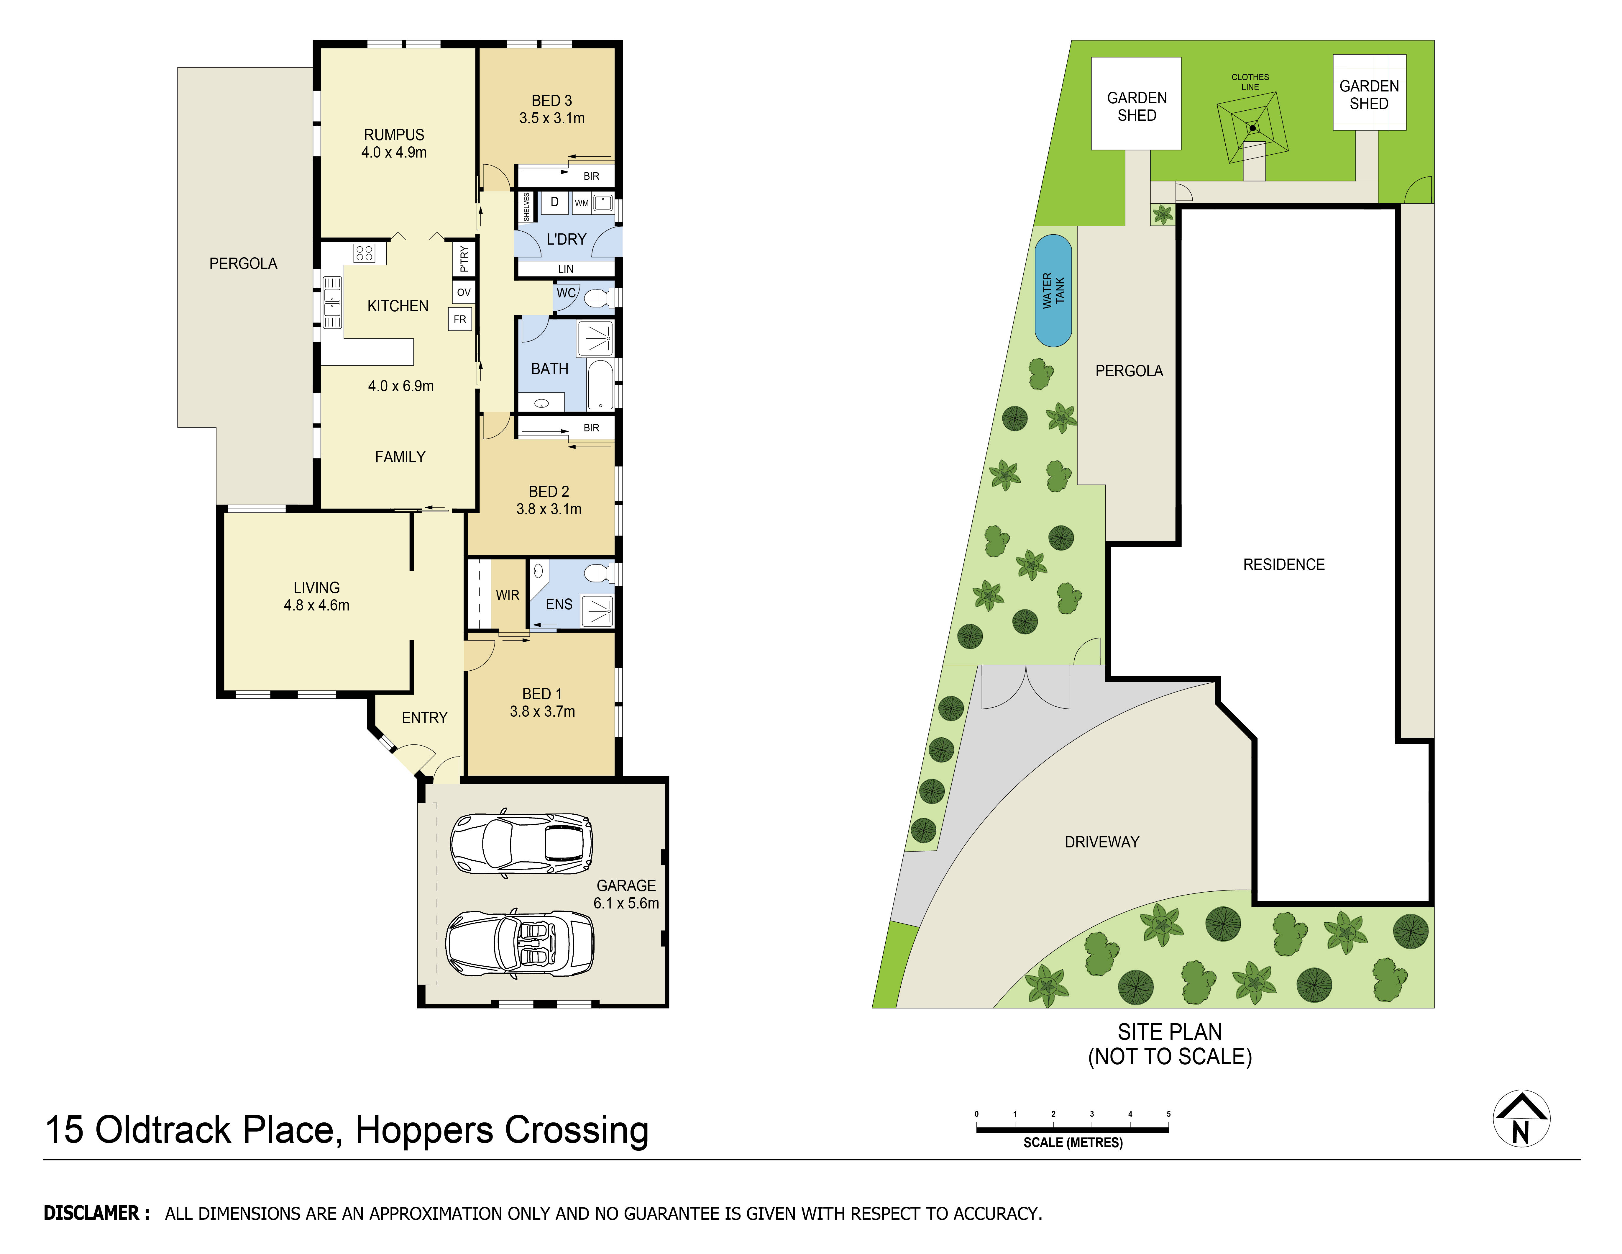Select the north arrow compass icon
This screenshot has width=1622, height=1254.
pyautogui.click(x=1521, y=1118)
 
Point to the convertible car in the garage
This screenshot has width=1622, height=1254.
pyautogui.click(x=520, y=942)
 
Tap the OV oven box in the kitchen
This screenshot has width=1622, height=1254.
pyautogui.click(x=463, y=292)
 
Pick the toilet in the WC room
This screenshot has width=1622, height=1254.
pyautogui.click(x=596, y=299)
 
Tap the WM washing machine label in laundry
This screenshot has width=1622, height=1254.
pyautogui.click(x=582, y=203)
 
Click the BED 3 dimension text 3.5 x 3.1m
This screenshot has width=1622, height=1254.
pyautogui.click(x=552, y=118)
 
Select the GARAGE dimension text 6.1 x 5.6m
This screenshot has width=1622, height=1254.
pyautogui.click(x=626, y=903)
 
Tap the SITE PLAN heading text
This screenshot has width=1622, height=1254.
pyautogui.click(x=1170, y=1032)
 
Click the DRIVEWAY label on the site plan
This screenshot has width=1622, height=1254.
pyautogui.click(x=1101, y=842)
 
